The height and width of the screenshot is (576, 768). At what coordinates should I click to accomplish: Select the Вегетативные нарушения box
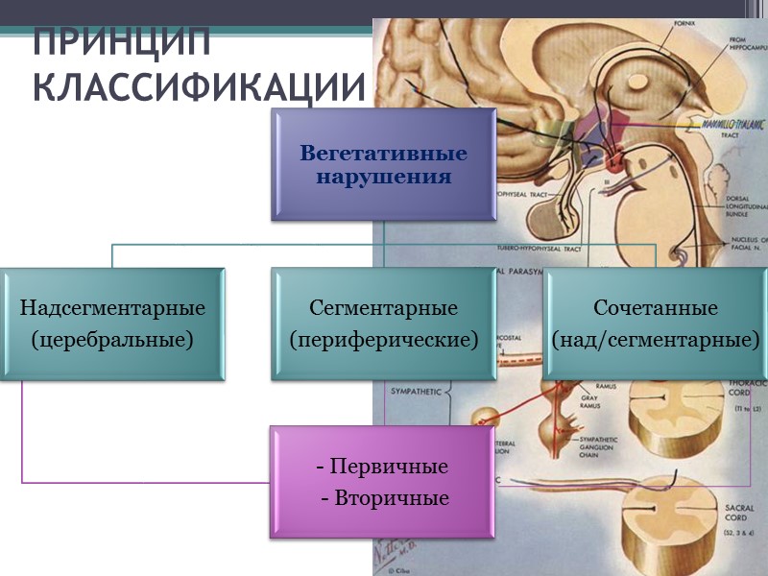pos(383,164)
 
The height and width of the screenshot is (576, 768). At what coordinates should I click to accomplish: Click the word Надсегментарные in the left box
pos(113,308)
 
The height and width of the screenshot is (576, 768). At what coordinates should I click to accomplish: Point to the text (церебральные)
pos(112,339)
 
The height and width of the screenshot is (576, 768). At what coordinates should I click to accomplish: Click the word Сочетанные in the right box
pos(656,308)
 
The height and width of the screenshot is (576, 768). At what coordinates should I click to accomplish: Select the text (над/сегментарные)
pos(656,339)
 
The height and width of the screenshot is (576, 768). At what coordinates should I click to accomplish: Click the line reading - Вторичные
pos(383,498)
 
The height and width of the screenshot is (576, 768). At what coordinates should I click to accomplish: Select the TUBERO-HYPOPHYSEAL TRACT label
pos(539,248)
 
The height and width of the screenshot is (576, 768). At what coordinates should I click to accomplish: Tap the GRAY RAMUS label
pos(590,401)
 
